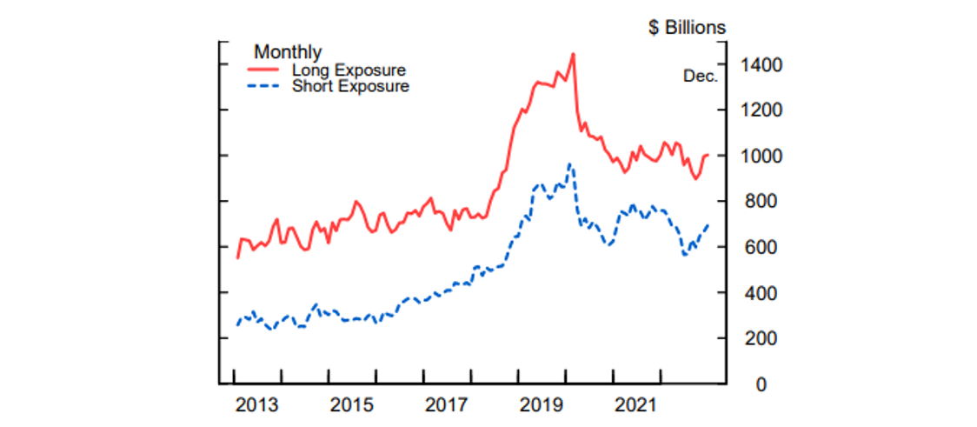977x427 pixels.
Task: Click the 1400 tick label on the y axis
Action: (x=761, y=65)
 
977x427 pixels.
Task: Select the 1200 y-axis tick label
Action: (x=761, y=110)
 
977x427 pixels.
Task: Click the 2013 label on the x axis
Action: (x=257, y=405)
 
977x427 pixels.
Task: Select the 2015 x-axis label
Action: (x=352, y=405)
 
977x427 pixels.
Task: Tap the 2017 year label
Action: (x=447, y=405)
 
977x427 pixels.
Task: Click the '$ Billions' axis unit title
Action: (x=687, y=28)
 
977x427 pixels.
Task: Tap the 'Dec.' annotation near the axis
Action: (x=701, y=77)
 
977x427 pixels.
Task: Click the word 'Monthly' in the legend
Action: (x=288, y=53)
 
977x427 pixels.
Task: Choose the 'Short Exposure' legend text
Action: (x=350, y=86)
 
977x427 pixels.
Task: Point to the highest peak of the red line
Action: (x=573, y=54)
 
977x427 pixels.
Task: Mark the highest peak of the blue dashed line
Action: (x=569, y=164)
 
